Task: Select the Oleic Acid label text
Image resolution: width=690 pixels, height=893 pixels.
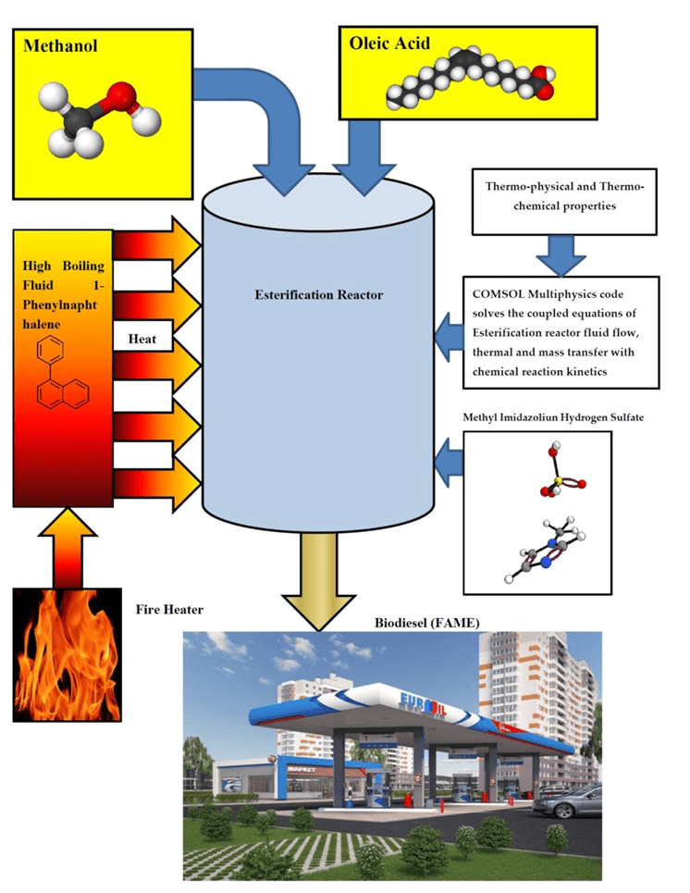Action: point(389,43)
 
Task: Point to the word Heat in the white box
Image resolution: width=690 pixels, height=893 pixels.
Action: point(142,340)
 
